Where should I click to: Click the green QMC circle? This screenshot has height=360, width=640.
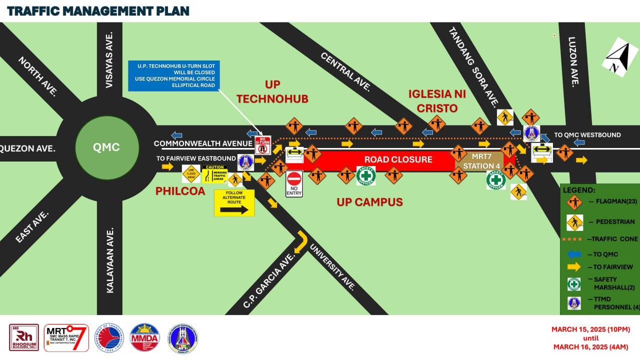point(106,147)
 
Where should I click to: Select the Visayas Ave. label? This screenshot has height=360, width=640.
point(109,59)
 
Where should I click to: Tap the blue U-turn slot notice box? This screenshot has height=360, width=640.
point(173,75)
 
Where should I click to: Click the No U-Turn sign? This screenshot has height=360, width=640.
point(263,144)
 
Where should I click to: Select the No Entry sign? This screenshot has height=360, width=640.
point(294,183)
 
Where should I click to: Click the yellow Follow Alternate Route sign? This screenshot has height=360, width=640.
point(234,202)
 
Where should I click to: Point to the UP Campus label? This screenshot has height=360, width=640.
point(369,202)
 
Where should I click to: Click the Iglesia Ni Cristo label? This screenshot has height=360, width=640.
point(433,100)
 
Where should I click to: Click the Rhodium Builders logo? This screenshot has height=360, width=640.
point(24,337)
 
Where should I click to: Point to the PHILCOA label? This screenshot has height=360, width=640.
point(180,190)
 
